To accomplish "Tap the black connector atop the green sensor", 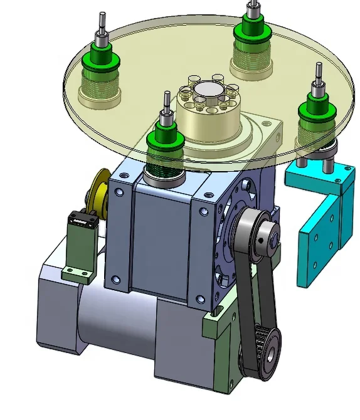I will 81,219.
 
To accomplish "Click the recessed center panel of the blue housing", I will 162,244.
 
